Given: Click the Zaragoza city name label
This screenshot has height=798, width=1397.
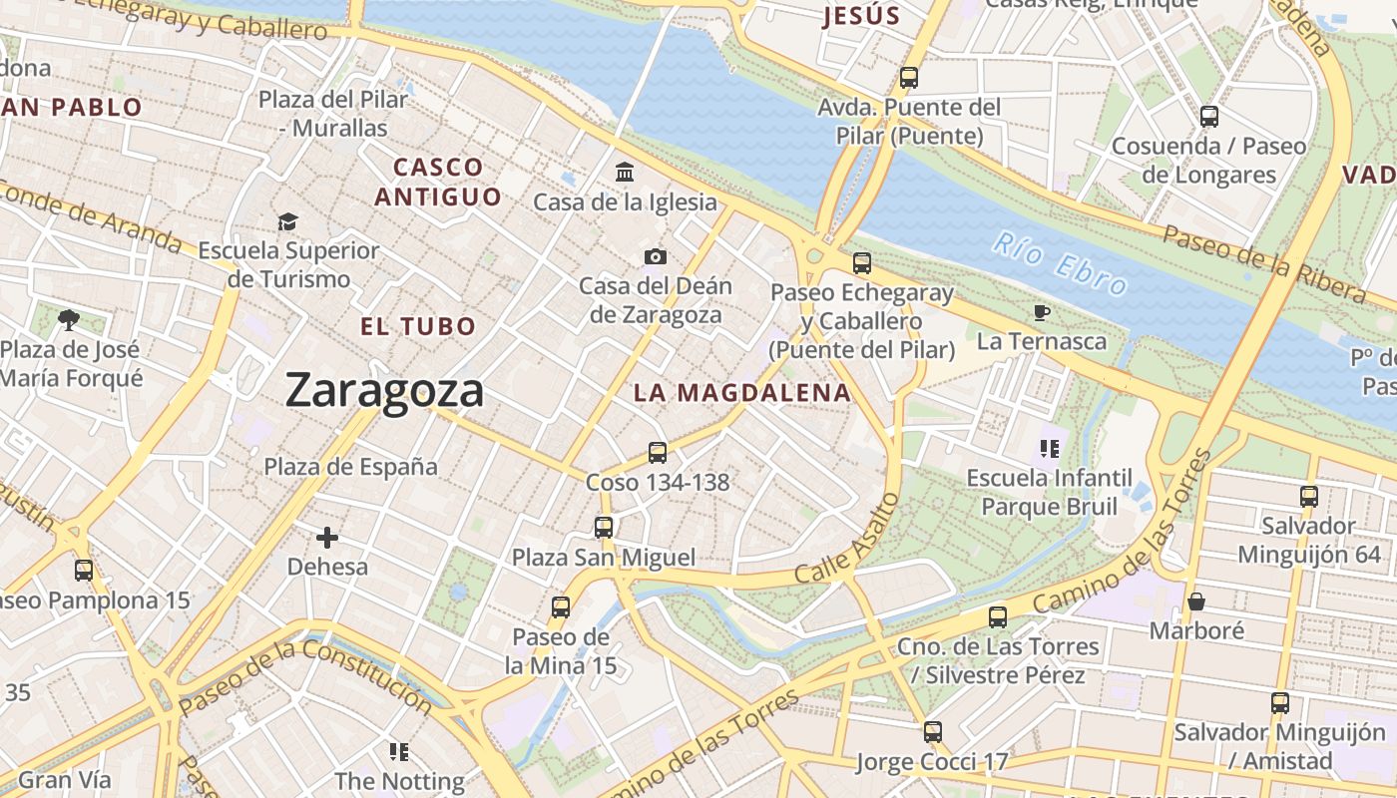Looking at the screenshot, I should [x=384, y=390].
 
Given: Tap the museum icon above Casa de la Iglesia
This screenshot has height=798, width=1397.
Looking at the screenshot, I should [x=626, y=173].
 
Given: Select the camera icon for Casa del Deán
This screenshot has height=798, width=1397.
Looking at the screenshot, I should [x=655, y=257].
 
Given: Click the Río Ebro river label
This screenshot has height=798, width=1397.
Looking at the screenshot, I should [x=1060, y=264].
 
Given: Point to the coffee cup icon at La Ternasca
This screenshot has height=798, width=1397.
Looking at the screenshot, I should [x=1042, y=313].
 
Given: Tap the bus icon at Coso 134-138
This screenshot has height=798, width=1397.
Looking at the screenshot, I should [x=658, y=453].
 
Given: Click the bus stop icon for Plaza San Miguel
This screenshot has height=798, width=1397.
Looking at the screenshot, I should [x=604, y=528].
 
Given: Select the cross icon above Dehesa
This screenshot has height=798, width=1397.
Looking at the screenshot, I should [x=327, y=539].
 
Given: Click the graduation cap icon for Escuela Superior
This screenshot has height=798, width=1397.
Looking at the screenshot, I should [x=288, y=221].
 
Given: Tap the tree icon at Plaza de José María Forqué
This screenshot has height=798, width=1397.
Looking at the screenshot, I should [x=69, y=320].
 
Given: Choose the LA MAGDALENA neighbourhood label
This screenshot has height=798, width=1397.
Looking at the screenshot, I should [x=742, y=393].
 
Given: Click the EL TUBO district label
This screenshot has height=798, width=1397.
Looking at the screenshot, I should [x=418, y=326].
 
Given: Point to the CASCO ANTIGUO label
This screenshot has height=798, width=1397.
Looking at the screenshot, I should [x=438, y=182].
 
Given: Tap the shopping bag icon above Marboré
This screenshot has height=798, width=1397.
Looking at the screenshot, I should [x=1195, y=601].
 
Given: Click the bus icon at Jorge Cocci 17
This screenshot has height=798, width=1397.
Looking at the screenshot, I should [x=933, y=732].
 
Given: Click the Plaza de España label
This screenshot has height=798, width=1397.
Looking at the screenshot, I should [x=350, y=466].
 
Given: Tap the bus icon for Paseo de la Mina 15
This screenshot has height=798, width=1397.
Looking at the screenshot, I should [x=561, y=607].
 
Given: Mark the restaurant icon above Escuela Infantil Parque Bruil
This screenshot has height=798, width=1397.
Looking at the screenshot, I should [x=1048, y=449].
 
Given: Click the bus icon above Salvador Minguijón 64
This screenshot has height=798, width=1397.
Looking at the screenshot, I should [x=1309, y=496].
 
